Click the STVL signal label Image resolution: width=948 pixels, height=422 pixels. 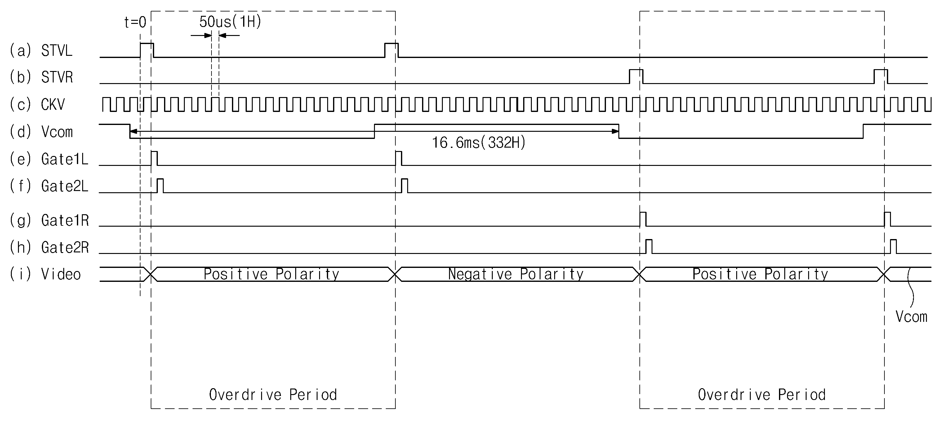tap(57, 51)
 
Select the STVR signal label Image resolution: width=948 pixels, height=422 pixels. tap(57, 77)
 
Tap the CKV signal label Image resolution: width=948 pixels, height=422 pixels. tap(53, 104)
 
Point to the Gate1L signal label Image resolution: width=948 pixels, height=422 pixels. tap(65, 159)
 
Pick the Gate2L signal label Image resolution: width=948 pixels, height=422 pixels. tap(65, 186)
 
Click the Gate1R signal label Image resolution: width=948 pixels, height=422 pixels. tap(65, 220)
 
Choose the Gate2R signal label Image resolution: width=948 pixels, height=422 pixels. tap(65, 248)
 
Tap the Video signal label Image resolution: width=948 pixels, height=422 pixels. tap(61, 274)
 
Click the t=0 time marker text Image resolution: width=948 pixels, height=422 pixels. tap(135, 22)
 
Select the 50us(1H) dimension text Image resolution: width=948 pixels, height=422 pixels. tap(230, 22)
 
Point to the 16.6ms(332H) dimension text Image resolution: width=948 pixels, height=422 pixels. tap(479, 143)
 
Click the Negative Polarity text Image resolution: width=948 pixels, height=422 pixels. tap(516, 274)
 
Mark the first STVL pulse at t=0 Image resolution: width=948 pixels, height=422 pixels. tap(147, 50)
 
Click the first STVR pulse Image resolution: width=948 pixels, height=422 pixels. tap(636, 76)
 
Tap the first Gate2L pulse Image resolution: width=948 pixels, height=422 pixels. tap(160, 185)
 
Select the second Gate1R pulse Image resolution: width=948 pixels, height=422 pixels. tap(887, 219)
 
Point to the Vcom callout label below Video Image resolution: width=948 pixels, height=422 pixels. tap(911, 317)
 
